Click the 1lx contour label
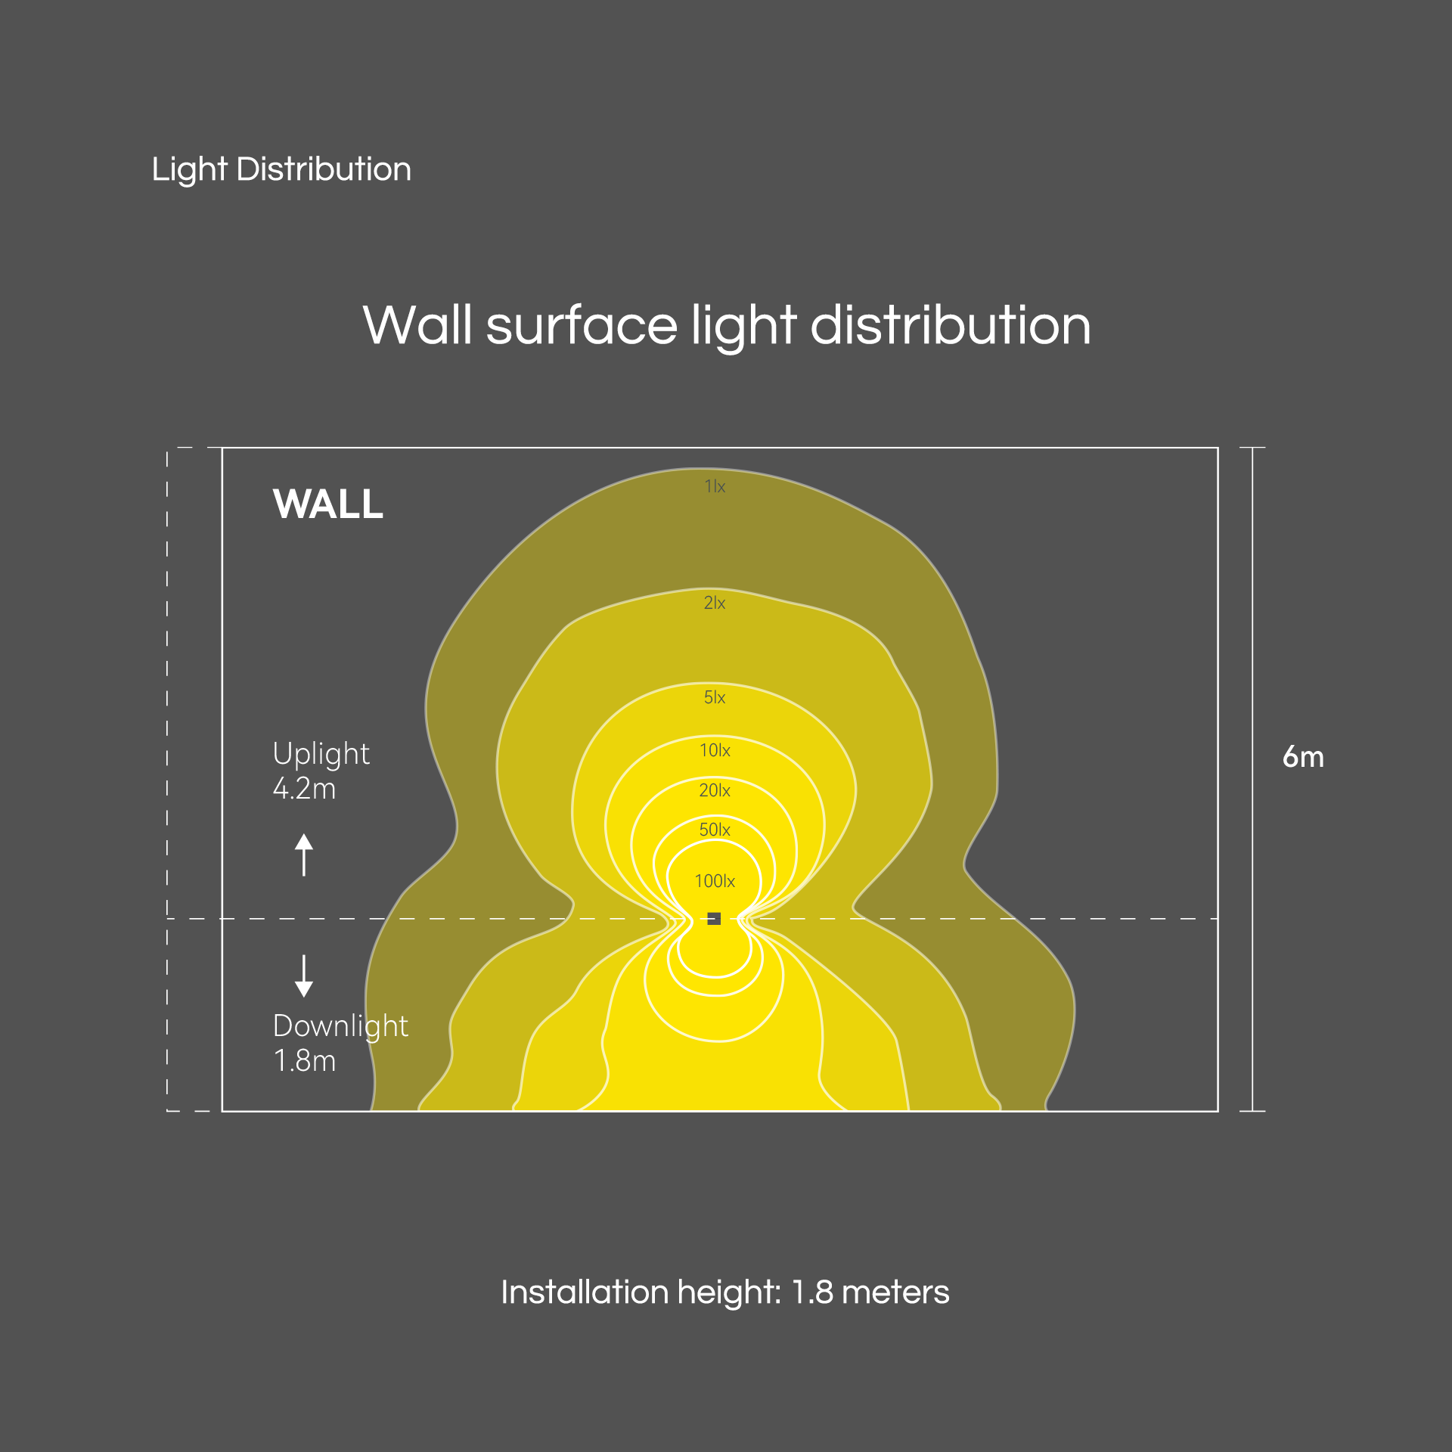(715, 486)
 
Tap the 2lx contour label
(715, 603)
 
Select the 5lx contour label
(715, 697)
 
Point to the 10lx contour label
(715, 750)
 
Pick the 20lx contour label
(715, 790)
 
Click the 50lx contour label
(715, 830)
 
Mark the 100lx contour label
(715, 881)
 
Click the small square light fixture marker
(714, 919)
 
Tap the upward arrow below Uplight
(304, 855)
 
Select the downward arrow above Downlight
(304, 976)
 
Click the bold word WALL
(328, 504)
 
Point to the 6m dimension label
(1303, 757)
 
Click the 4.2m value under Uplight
(304, 789)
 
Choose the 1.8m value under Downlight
(305, 1061)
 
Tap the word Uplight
(321, 755)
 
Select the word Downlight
(340, 1027)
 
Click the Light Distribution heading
(281, 170)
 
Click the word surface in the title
(582, 326)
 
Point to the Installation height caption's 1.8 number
(812, 1292)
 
